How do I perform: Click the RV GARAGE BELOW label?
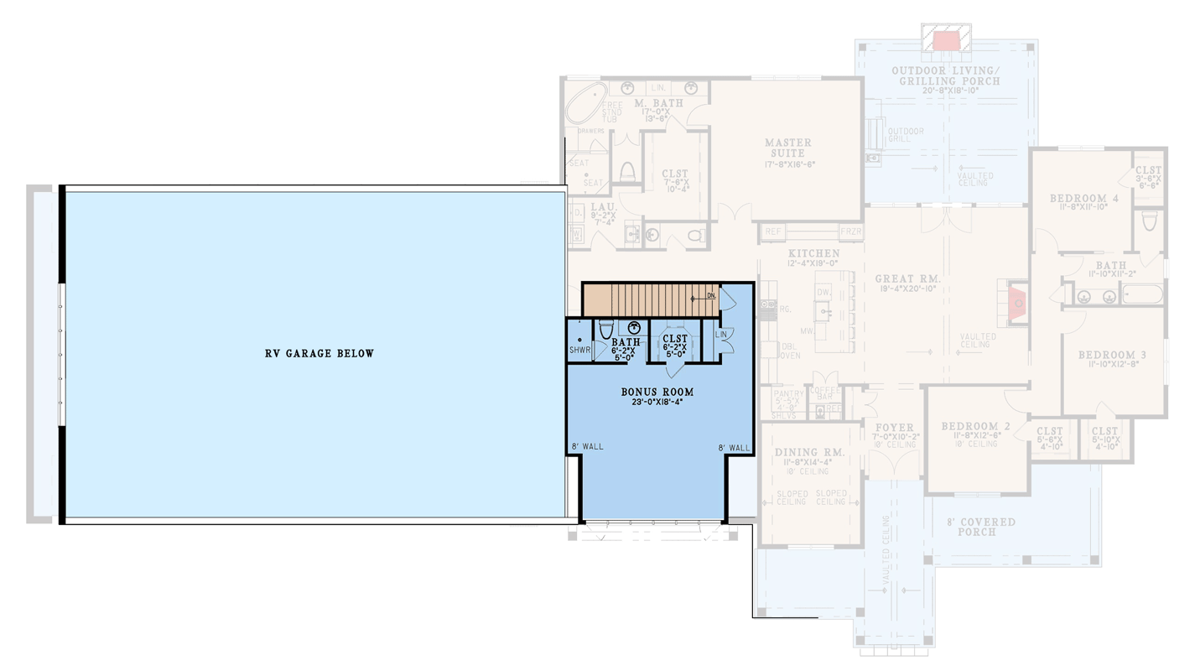coord(320,354)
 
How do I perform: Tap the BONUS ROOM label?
coord(657,393)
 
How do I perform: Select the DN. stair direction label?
coord(710,296)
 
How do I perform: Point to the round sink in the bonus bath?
coord(635,327)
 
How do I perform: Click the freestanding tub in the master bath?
coord(582,108)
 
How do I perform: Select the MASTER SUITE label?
coord(787,148)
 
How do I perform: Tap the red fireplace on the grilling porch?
coord(946,39)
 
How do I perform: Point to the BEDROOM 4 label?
coord(1083,199)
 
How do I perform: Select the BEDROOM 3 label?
coord(1112,356)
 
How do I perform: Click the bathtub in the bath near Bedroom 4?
coord(1143,294)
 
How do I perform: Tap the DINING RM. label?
coord(809,453)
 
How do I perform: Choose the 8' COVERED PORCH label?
coord(975,527)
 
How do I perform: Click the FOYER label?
coord(894,428)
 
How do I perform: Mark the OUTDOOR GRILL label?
coord(906,136)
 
